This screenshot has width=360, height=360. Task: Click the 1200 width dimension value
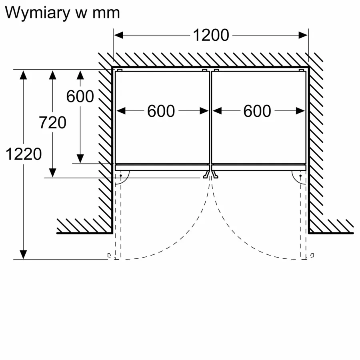coord(211,35)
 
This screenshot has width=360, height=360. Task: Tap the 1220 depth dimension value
coord(24,153)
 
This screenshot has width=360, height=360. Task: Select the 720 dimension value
coord(52,122)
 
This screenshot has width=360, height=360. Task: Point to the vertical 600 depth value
coord(80,96)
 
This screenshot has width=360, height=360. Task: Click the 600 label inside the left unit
coord(161,111)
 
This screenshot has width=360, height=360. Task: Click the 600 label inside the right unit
coord(257,111)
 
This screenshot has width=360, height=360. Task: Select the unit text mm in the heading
coord(106,13)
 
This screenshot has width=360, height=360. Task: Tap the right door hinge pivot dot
coord(300,175)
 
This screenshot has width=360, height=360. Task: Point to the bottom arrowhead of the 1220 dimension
coord(24,254)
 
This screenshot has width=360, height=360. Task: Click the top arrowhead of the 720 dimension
coord(52,75)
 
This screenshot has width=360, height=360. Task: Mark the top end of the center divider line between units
coord(210,70)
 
